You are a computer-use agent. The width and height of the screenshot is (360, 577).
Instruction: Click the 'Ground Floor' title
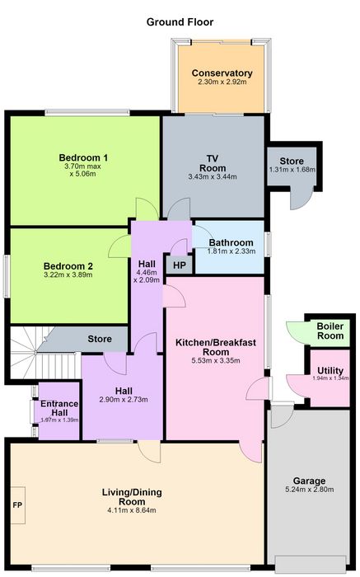coord(180,22)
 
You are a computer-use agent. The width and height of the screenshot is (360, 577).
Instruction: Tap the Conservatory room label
coord(222,73)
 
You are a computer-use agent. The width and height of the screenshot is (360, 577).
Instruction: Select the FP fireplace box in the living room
coord(17,504)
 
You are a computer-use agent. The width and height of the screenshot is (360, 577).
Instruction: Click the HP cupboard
coord(180,265)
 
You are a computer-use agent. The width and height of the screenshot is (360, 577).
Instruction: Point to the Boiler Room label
coord(330,331)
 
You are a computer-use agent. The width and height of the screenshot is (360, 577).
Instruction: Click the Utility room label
coord(330,370)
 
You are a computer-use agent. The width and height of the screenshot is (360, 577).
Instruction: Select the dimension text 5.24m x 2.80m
coord(309,490)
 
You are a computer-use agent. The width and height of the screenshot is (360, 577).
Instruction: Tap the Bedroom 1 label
coord(83,158)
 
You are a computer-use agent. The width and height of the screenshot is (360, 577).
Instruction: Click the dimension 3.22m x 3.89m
coord(68,274)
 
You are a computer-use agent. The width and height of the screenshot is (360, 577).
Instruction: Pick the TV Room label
coord(213,163)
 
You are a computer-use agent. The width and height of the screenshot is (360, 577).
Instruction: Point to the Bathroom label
coord(231,242)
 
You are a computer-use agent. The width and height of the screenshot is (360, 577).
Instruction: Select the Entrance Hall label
coord(59,408)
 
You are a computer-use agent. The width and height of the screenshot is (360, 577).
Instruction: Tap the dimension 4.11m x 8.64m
coord(132,510)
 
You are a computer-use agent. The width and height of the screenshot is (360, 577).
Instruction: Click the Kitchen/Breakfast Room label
coord(216,347)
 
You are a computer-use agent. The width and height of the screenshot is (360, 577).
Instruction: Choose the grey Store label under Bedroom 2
coord(100,339)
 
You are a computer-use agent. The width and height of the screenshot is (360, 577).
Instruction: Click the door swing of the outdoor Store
coord(302,199)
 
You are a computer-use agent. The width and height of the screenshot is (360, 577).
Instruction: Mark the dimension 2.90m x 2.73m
coord(124,400)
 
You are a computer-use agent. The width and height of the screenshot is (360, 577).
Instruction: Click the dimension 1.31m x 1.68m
coord(292,170)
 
